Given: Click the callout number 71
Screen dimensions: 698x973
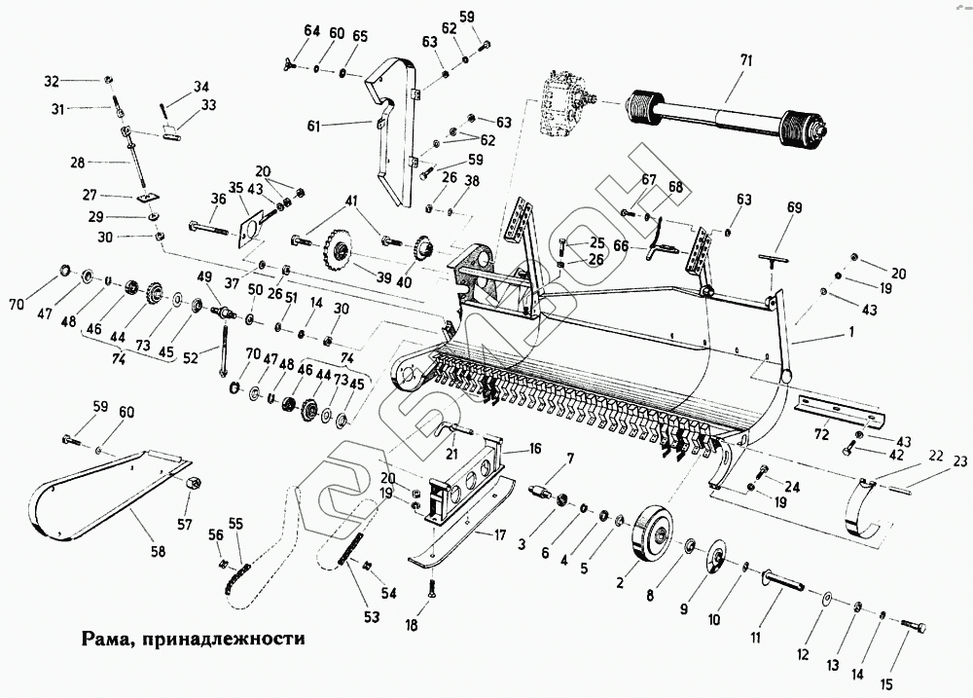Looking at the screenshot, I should pyautogui.click(x=746, y=61).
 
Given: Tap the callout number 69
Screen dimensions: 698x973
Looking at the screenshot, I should pyautogui.click(x=795, y=208).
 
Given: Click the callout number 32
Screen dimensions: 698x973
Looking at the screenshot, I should pyautogui.click(x=80, y=80).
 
